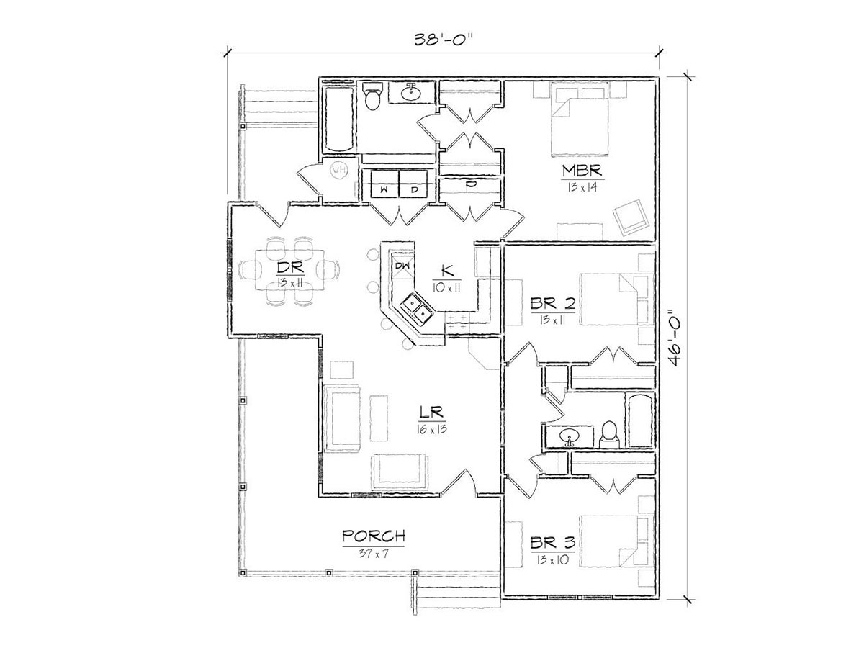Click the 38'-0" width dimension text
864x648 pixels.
tap(444, 40)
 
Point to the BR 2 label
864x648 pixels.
tap(553, 303)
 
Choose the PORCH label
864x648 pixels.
tap(374, 536)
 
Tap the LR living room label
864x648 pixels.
tap(431, 413)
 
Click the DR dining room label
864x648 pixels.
tap(290, 268)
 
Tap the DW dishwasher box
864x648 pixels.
tap(402, 266)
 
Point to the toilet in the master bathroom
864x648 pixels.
tap(372, 96)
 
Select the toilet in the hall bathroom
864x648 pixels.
tap(608, 435)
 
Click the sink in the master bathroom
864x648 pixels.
tap(412, 93)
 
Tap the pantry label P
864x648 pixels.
tap(469, 186)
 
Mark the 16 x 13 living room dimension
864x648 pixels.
tap(432, 429)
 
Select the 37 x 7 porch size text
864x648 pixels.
tap(374, 554)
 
